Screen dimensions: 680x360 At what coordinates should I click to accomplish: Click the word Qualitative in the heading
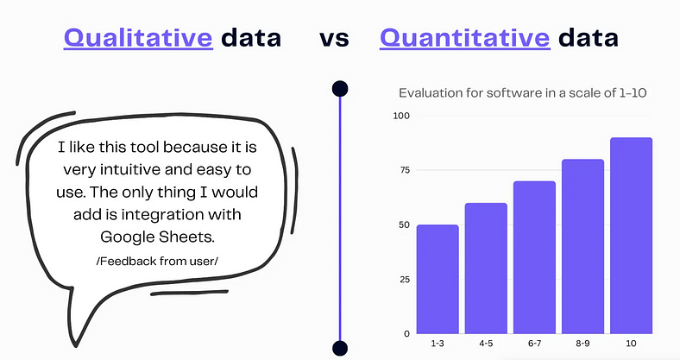tap(138, 38)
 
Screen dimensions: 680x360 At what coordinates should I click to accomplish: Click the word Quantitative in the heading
tap(465, 38)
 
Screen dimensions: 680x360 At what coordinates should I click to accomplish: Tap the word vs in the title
tap(334, 39)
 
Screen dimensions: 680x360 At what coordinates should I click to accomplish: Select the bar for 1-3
tap(438, 280)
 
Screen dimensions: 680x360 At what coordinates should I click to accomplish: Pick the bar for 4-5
tap(486, 268)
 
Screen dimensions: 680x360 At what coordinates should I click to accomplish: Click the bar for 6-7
tap(534, 257)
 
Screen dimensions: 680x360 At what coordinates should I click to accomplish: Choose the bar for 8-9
tap(582, 247)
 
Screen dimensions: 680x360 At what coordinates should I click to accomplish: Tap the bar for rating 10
tap(632, 236)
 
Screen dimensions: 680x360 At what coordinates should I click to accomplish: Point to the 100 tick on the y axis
tap(401, 116)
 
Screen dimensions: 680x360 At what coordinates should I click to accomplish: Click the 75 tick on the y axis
tap(405, 170)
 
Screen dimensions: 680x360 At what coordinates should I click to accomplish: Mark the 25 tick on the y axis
tap(405, 280)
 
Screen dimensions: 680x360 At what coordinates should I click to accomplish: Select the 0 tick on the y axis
tap(406, 333)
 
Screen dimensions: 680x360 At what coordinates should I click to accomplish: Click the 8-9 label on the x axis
tap(582, 344)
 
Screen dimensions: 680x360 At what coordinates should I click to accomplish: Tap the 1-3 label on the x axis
tap(438, 344)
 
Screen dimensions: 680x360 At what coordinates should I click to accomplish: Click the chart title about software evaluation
tap(523, 93)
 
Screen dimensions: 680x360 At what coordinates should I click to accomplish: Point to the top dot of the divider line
tap(340, 88)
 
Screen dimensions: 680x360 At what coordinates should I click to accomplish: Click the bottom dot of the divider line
tap(340, 348)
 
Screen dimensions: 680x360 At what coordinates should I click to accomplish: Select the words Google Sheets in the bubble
tap(157, 237)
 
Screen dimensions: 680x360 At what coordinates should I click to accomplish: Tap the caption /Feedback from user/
tap(157, 261)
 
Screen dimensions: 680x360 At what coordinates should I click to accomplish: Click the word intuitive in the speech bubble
tap(130, 169)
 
